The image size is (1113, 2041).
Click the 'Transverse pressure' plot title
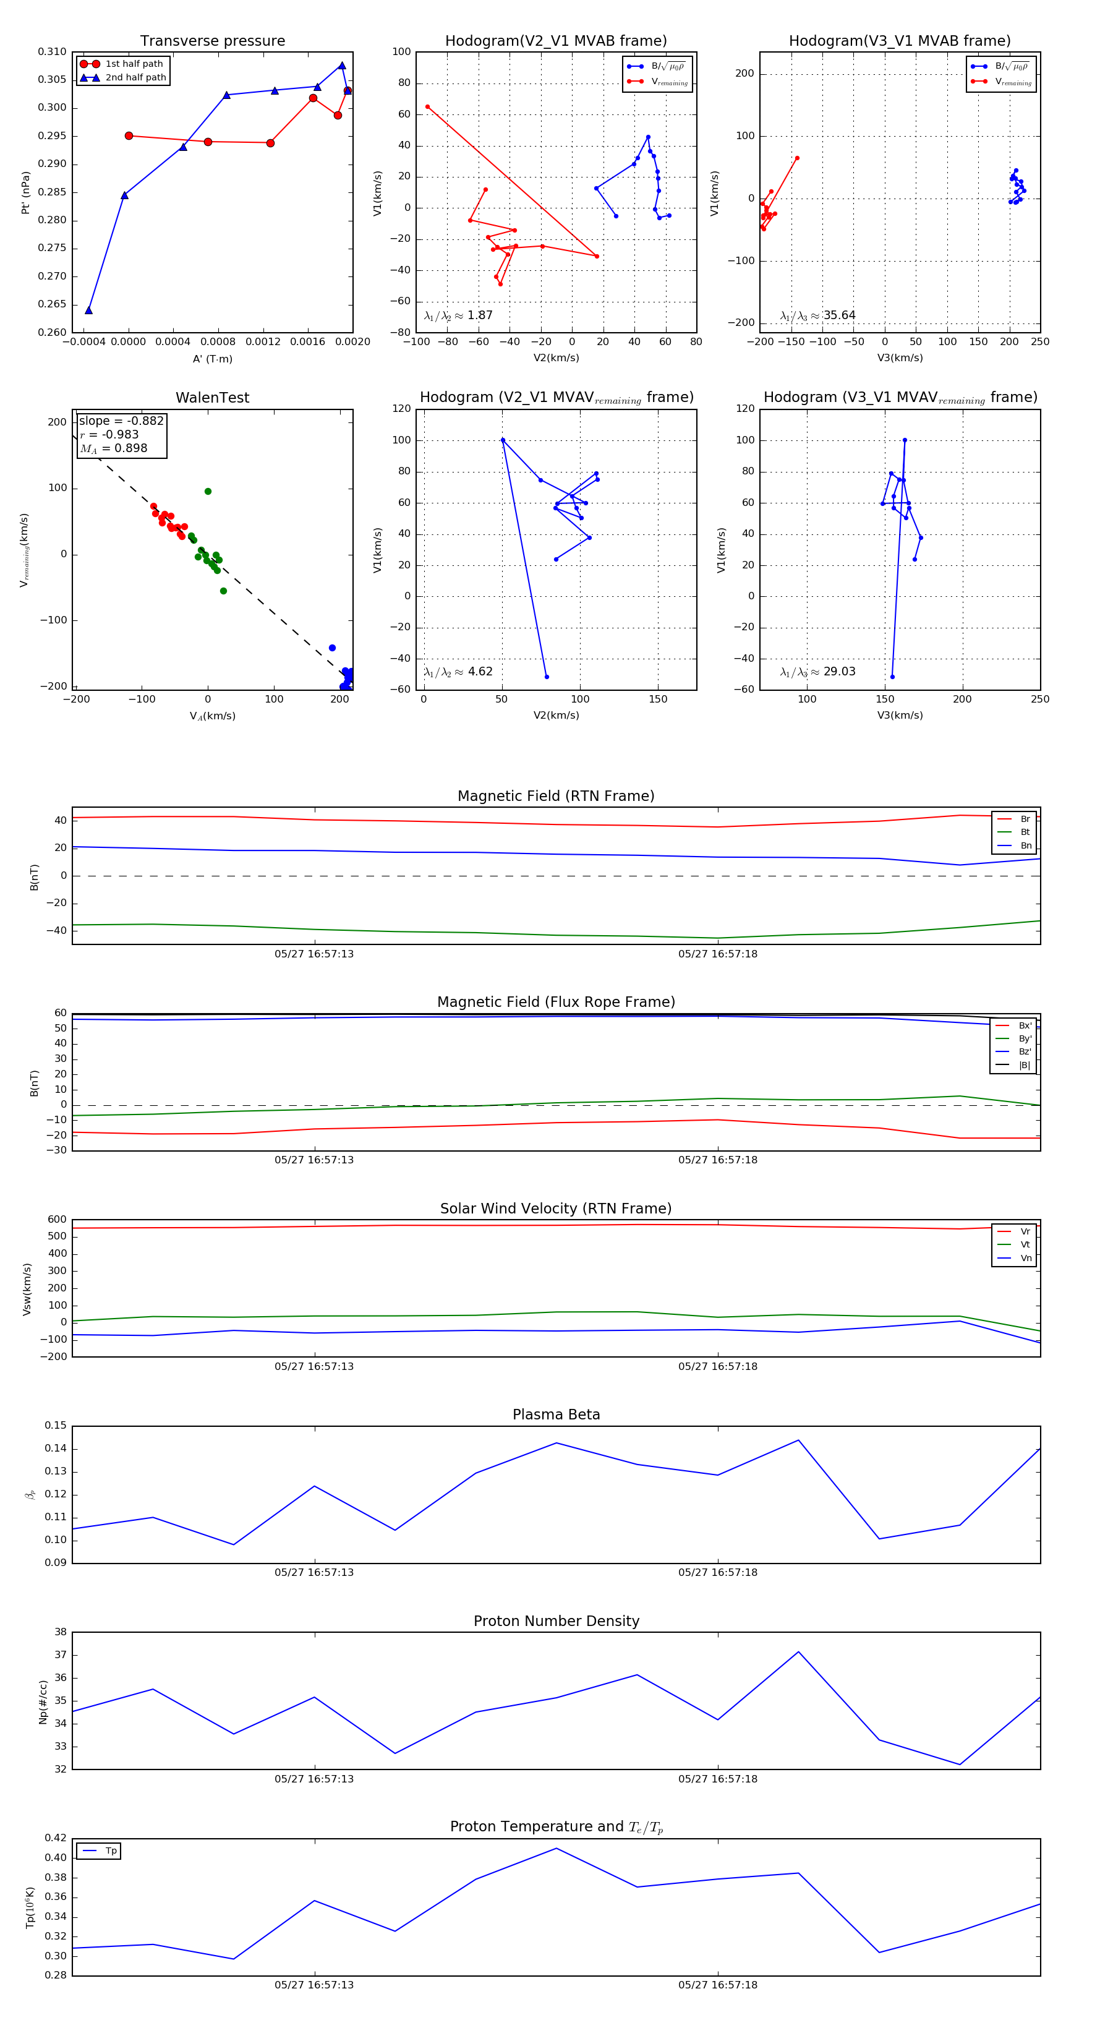pos(212,41)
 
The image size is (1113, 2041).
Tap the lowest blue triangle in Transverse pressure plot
pos(88,310)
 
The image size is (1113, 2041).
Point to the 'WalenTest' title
pos(212,398)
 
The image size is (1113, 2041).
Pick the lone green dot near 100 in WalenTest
pos(208,491)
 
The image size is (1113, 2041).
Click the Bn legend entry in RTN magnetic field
pos(1025,845)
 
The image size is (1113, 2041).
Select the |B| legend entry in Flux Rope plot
pos(1025,1065)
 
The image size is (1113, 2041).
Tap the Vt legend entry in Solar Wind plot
pos(1025,1245)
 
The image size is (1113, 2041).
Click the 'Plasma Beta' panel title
pos(556,1415)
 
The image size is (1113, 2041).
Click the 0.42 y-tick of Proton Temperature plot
pos(56,1838)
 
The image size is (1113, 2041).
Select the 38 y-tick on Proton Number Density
pos(60,1632)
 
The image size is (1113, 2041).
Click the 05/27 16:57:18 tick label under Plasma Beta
pos(717,1572)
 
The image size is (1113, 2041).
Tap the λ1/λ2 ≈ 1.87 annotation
pos(458,315)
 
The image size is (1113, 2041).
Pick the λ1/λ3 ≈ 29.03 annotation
pos(817,672)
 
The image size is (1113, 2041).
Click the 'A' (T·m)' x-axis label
pos(212,359)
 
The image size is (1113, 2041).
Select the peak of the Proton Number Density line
pos(798,1652)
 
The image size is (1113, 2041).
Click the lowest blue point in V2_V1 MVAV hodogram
pos(547,677)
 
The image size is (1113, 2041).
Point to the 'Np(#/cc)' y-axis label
pos(43,1702)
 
